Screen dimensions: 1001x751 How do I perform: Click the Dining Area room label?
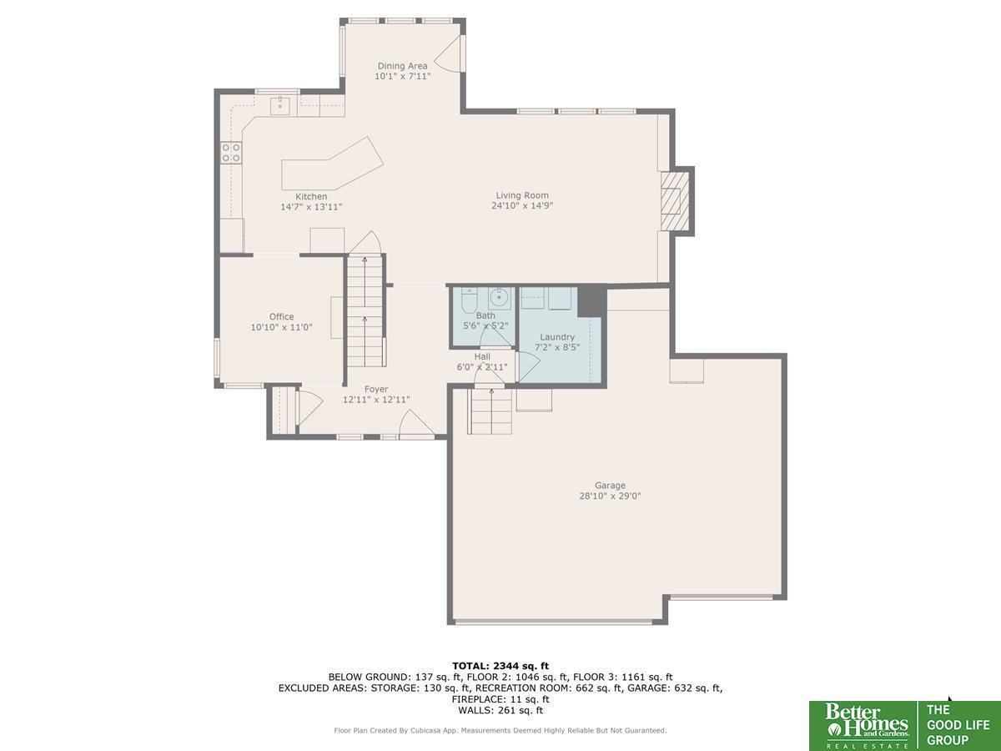point(402,66)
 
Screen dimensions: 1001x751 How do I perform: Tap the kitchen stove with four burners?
point(231,153)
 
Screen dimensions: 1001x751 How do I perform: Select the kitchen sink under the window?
point(280,105)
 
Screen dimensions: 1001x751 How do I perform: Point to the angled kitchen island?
point(332,164)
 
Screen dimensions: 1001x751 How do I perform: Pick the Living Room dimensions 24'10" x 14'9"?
point(522,205)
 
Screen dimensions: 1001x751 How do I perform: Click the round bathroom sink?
point(500,299)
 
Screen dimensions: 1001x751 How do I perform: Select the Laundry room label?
point(557,337)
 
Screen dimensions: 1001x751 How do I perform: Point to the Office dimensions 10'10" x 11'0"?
point(281,327)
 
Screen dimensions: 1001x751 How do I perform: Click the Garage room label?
point(610,485)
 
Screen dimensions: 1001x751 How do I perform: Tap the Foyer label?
point(376,389)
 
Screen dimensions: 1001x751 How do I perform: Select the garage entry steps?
point(490,411)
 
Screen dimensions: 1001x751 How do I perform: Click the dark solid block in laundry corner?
point(591,301)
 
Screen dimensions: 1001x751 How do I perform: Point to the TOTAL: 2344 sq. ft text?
point(500,666)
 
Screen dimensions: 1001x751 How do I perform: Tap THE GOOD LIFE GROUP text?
point(958,724)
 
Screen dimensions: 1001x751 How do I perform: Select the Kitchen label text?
point(311,197)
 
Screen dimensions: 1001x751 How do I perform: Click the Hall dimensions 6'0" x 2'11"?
point(482,366)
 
